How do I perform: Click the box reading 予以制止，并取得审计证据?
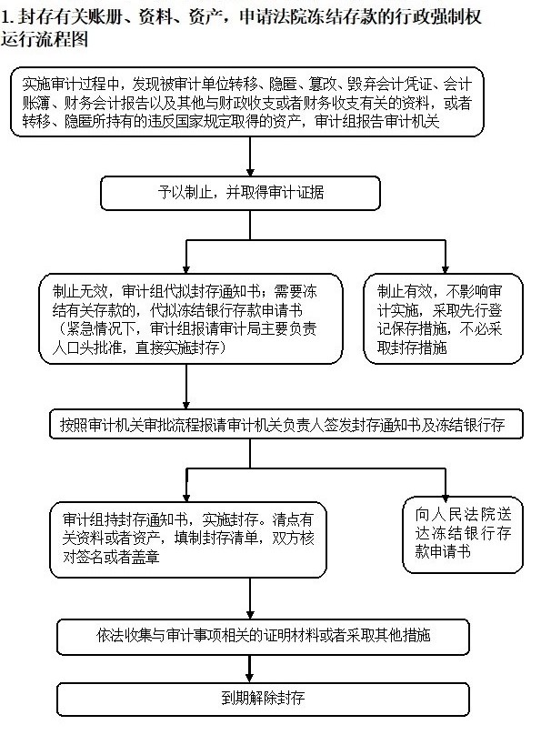[240, 193]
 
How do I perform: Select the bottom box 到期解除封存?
[263, 699]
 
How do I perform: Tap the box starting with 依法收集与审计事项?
[263, 637]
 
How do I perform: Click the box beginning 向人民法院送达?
[462, 535]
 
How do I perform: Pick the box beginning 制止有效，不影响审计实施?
[443, 318]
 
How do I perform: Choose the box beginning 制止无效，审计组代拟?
[191, 318]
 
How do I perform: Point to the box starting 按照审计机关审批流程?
[286, 424]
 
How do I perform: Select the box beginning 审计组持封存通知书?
[188, 539]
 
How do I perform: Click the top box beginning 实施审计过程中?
[246, 102]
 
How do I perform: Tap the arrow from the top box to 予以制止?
[250, 156]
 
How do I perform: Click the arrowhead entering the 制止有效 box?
[445, 269]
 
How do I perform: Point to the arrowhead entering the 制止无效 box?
[186, 269]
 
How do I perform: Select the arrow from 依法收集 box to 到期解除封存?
[249, 669]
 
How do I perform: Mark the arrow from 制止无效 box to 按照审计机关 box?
[186, 387]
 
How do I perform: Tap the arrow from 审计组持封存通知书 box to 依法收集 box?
[250, 599]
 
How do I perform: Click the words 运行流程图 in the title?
[45, 39]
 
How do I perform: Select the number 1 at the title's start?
[5, 17]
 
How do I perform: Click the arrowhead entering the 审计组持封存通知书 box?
[186, 497]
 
